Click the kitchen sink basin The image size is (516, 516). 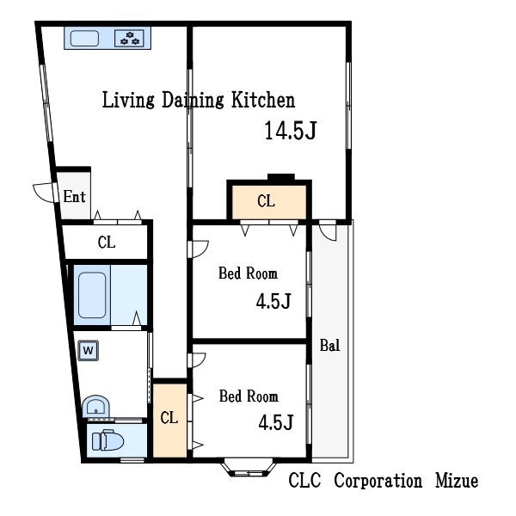point(84,38)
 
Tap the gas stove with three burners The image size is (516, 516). point(129,38)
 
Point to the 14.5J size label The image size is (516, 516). point(291,131)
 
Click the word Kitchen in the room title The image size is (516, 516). point(263,100)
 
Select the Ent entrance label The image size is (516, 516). point(74,196)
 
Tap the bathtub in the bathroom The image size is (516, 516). point(92,295)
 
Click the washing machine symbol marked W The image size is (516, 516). point(89,350)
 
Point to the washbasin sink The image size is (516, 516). point(95,407)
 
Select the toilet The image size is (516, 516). point(107,440)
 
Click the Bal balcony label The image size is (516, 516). point(329,346)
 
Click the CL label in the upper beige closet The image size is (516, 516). point(266,201)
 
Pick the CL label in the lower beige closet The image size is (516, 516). point(169,418)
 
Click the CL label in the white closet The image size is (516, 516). point(107,243)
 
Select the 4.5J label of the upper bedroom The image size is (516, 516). point(273,301)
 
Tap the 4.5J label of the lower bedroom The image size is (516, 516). point(276,422)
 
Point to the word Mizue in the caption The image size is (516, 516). point(457,481)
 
